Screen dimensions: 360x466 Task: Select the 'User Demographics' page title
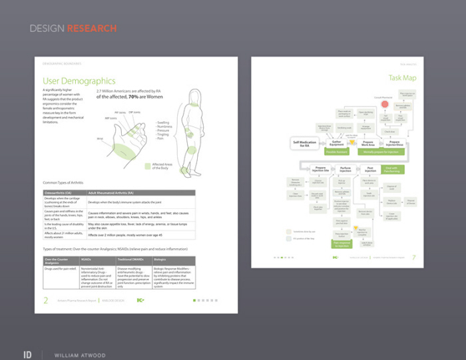pyautogui.click(x=79, y=81)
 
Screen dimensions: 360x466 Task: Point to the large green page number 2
pyautogui.click(x=46, y=300)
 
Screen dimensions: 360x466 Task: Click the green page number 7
pyautogui.click(x=413, y=257)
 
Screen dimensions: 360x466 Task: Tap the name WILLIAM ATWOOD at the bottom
pyautogui.click(x=80, y=355)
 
